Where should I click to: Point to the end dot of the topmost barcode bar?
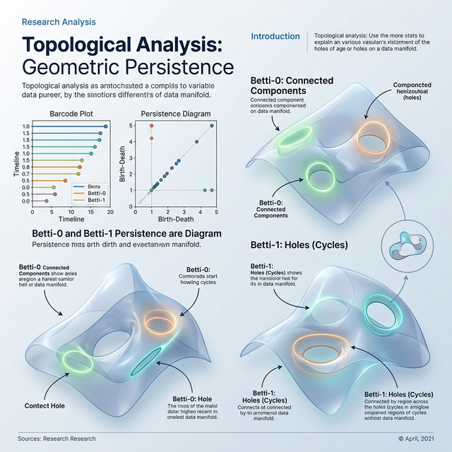point(105,126)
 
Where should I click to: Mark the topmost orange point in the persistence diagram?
point(151,126)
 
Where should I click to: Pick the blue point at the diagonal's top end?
point(211,126)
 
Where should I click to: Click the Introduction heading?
point(275,36)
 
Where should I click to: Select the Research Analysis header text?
point(59,22)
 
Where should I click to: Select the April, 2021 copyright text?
point(418,439)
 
